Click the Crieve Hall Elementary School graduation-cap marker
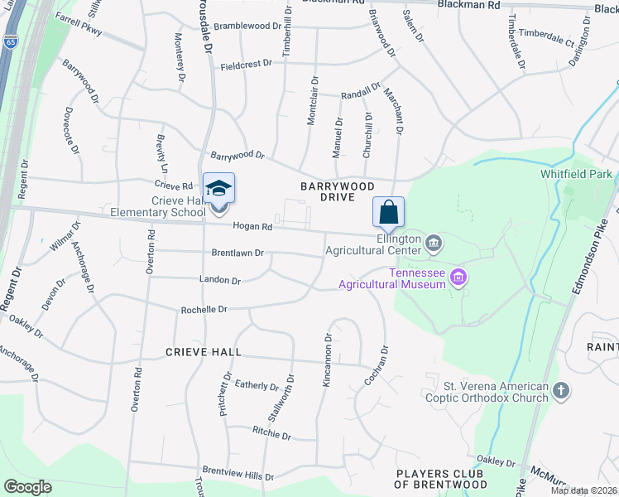pos(219,190)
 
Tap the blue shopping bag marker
pos(388,213)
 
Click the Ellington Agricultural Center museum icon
pos(434,243)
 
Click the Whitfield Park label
pos(576,175)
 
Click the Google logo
pos(28,486)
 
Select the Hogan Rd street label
pos(252,226)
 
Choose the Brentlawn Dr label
pos(237,253)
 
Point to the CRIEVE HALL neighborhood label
pos(204,352)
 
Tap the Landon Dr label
pos(219,281)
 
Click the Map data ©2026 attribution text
pos(583,490)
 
